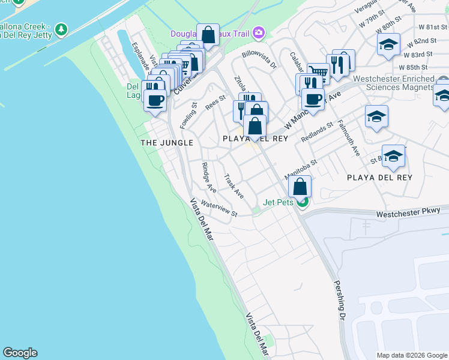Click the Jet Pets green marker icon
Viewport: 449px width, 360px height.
[x=303, y=202]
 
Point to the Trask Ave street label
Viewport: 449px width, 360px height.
[x=234, y=187]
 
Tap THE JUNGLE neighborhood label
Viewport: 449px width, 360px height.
[x=166, y=143]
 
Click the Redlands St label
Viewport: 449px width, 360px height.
[x=317, y=133]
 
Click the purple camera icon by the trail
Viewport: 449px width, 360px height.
[x=259, y=32]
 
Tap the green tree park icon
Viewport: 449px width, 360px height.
[x=61, y=29]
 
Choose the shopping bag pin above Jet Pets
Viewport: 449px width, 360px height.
[x=300, y=187]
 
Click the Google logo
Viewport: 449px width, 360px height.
[x=20, y=353]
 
